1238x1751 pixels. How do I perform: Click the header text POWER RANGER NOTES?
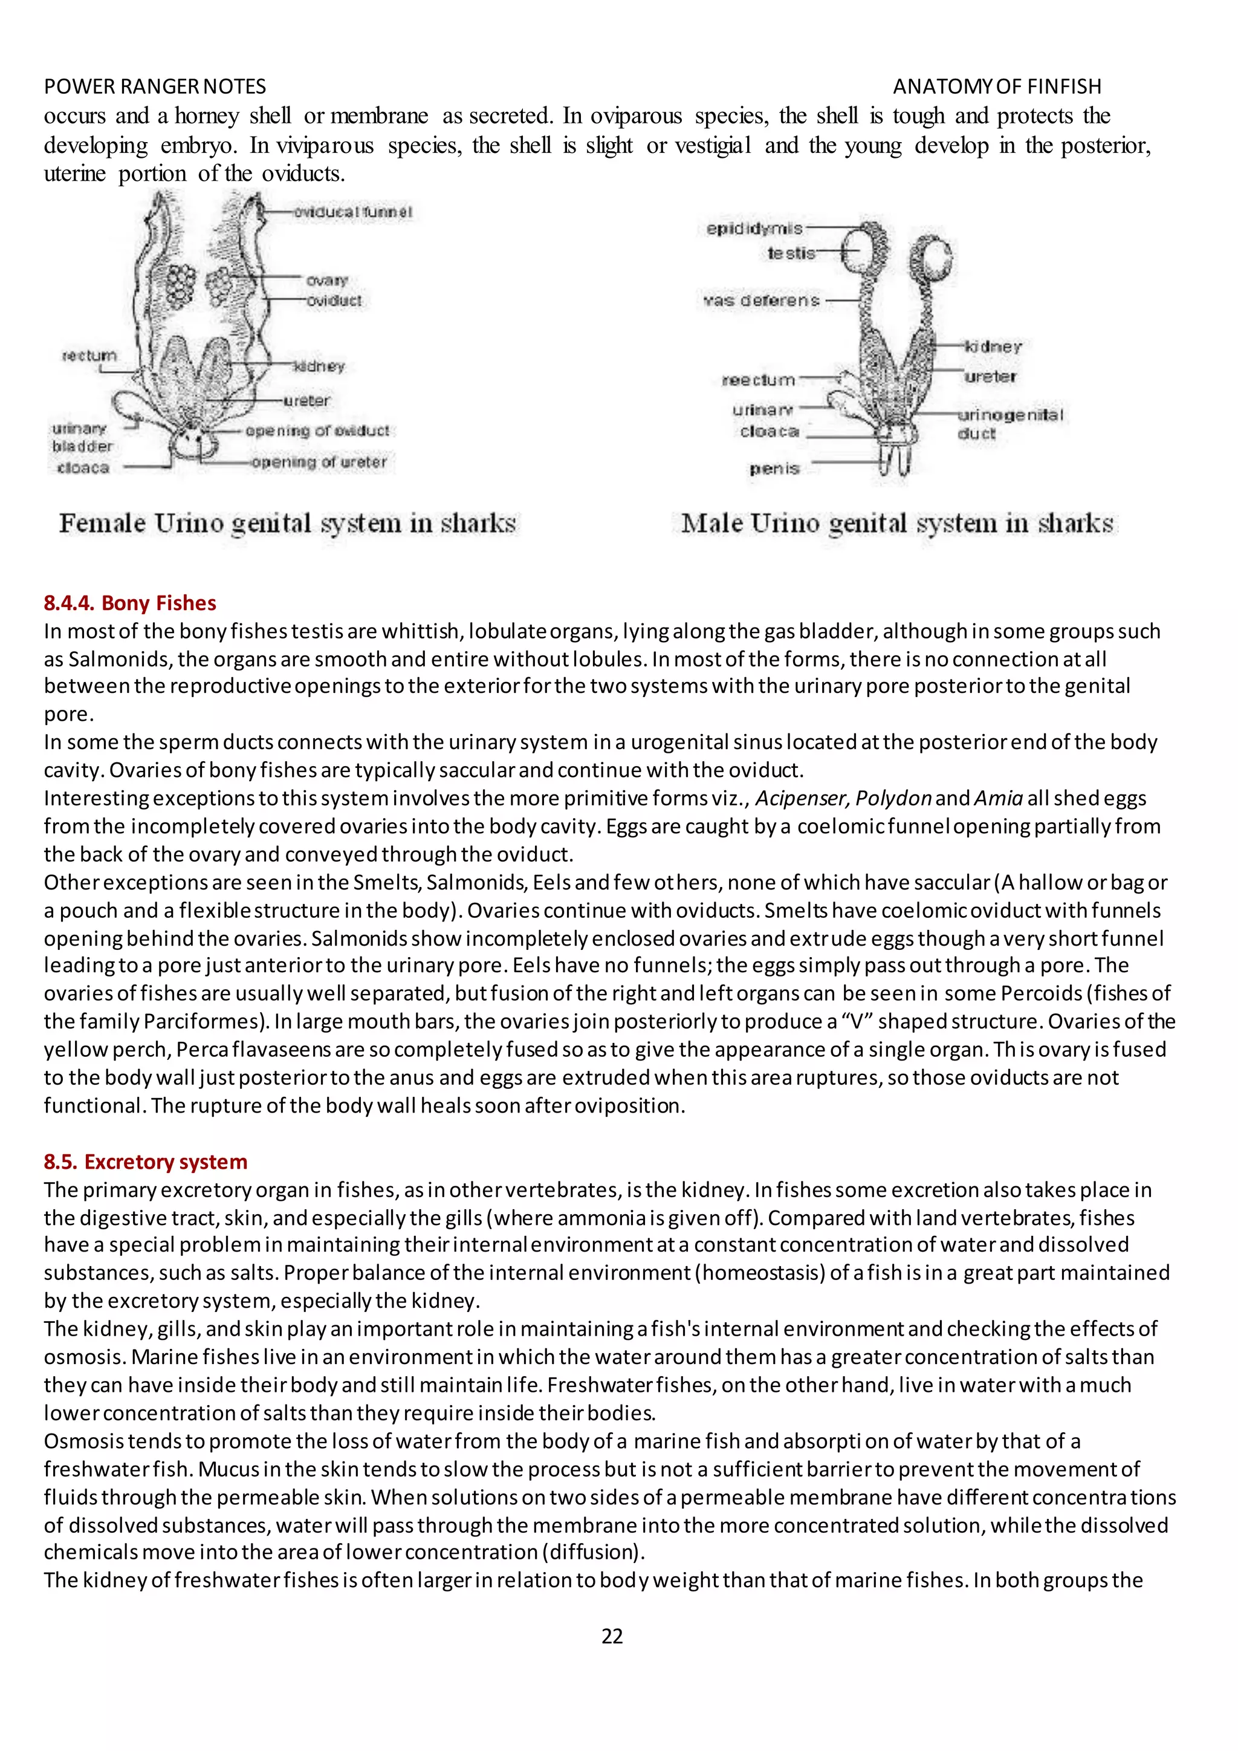pyautogui.click(x=155, y=86)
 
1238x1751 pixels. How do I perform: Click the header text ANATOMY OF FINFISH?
pyautogui.click(x=996, y=86)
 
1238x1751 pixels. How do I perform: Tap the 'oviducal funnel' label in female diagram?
pyautogui.click(x=352, y=212)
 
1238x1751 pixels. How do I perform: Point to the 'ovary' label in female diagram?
pyautogui.click(x=327, y=280)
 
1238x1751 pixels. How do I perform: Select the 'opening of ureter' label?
pyautogui.click(x=319, y=462)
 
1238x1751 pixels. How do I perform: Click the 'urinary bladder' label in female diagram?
pyautogui.click(x=82, y=437)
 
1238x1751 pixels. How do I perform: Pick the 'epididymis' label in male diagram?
pyautogui.click(x=754, y=228)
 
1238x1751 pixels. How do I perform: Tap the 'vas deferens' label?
pyautogui.click(x=762, y=300)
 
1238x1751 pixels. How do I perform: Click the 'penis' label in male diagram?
pyautogui.click(x=774, y=468)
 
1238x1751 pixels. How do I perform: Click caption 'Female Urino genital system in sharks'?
pyautogui.click(x=287, y=523)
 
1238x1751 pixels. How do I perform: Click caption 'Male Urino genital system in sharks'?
pyautogui.click(x=896, y=523)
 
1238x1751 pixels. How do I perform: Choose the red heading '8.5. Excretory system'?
pyautogui.click(x=145, y=1161)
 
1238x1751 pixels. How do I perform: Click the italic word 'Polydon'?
pyautogui.click(x=893, y=799)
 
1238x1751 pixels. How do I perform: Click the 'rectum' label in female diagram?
pyautogui.click(x=89, y=356)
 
